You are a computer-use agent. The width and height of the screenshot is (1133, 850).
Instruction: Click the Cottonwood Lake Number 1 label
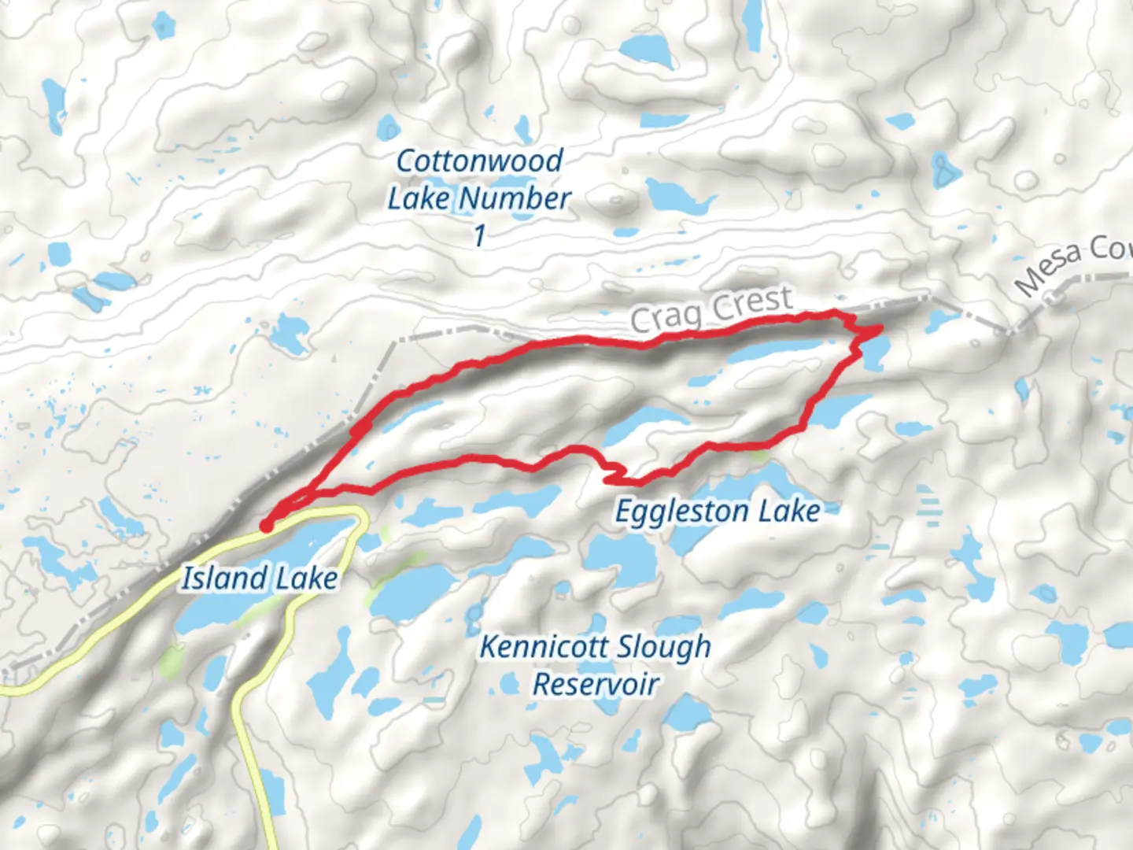click(x=478, y=198)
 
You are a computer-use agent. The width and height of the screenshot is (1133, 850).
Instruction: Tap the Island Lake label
click(x=260, y=578)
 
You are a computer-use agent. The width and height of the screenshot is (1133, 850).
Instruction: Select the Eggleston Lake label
click(x=718, y=512)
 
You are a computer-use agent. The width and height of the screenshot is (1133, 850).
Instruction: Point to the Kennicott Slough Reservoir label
click(x=596, y=665)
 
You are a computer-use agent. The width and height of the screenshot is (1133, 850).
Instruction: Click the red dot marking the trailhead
click(x=267, y=526)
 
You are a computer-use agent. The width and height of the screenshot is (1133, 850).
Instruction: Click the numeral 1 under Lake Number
click(x=479, y=235)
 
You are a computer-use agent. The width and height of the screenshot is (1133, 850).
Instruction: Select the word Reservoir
click(x=596, y=684)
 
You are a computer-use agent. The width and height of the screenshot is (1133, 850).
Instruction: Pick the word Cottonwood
click(x=479, y=161)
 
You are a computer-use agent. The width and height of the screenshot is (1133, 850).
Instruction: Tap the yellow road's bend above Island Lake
click(x=361, y=516)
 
